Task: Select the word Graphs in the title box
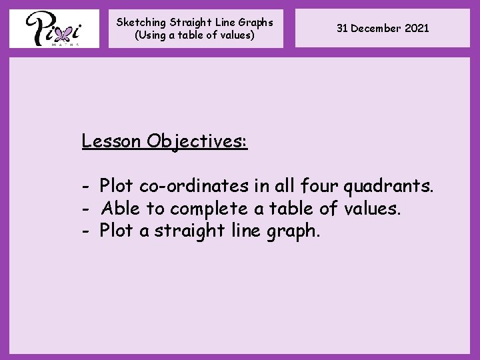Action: pos(255,22)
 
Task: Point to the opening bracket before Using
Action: pos(137,35)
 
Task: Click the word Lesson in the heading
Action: pos(111,141)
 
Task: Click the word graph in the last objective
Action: pos(294,231)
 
